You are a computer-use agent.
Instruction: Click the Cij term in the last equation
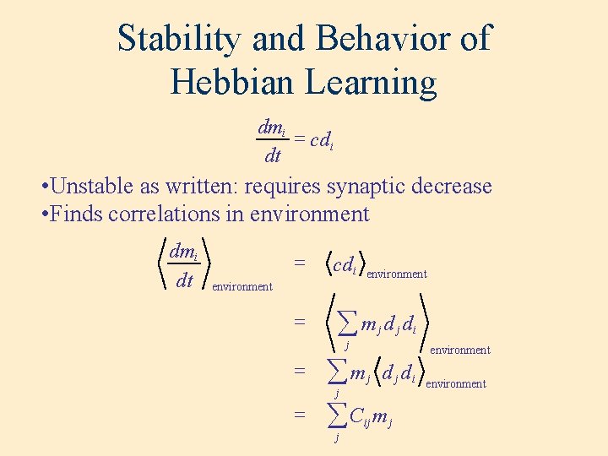tap(360, 415)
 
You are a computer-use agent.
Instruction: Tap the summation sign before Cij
tap(337, 415)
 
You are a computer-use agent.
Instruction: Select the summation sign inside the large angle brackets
tap(346, 322)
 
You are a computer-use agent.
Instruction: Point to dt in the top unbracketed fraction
tap(272, 155)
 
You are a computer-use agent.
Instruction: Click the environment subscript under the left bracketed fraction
tap(242, 287)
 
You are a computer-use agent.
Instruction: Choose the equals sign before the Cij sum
tap(299, 415)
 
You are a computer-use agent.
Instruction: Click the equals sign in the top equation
tap(298, 138)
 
